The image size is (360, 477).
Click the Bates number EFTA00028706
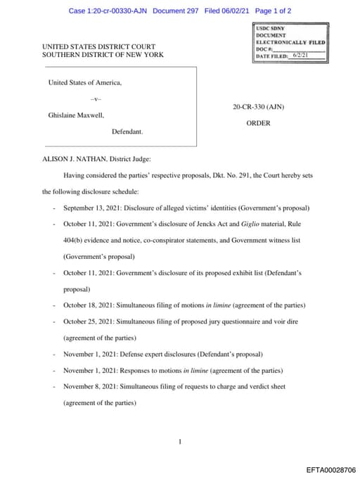(x=331, y=469)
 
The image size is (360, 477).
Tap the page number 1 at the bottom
(x=180, y=442)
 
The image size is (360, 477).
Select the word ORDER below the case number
(x=258, y=122)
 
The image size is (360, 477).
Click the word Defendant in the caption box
(x=127, y=132)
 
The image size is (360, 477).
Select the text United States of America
(x=85, y=82)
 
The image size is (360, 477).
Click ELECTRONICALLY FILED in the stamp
(x=290, y=42)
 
